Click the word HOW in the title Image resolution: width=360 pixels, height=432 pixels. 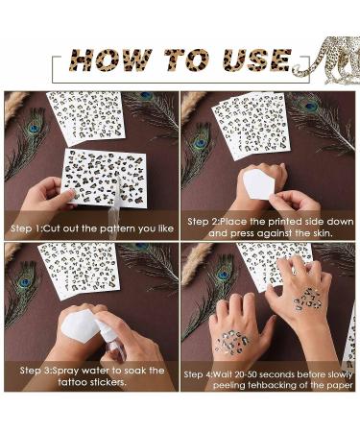tap(109, 60)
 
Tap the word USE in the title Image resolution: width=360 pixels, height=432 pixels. tap(256, 60)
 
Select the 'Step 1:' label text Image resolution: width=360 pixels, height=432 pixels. tap(27, 228)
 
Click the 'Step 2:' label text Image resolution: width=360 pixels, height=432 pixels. tap(204, 222)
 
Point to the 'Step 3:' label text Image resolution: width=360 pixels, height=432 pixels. tap(36, 371)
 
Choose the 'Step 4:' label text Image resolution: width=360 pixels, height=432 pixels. tap(198, 374)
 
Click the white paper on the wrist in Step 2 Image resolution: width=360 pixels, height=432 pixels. tap(258, 184)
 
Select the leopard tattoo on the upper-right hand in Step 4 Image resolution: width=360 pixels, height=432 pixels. tap(308, 300)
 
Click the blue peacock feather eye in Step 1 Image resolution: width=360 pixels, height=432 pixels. tap(34, 129)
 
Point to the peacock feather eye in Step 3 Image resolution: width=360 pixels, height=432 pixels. tap(25, 282)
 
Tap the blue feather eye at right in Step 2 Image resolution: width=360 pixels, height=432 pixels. tap(311, 106)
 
